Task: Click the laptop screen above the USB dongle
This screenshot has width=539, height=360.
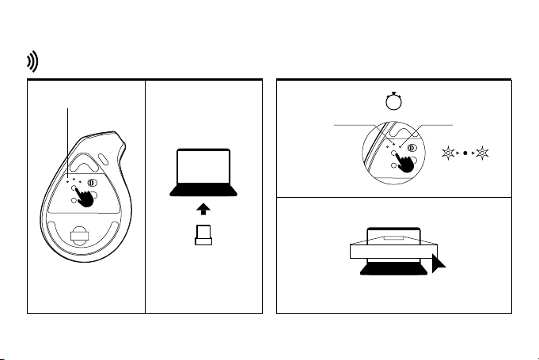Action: [204, 168]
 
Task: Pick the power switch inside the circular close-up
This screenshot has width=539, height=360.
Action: [412, 141]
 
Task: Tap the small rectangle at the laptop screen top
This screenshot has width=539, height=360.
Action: [393, 237]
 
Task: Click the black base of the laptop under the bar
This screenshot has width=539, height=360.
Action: [393, 269]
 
